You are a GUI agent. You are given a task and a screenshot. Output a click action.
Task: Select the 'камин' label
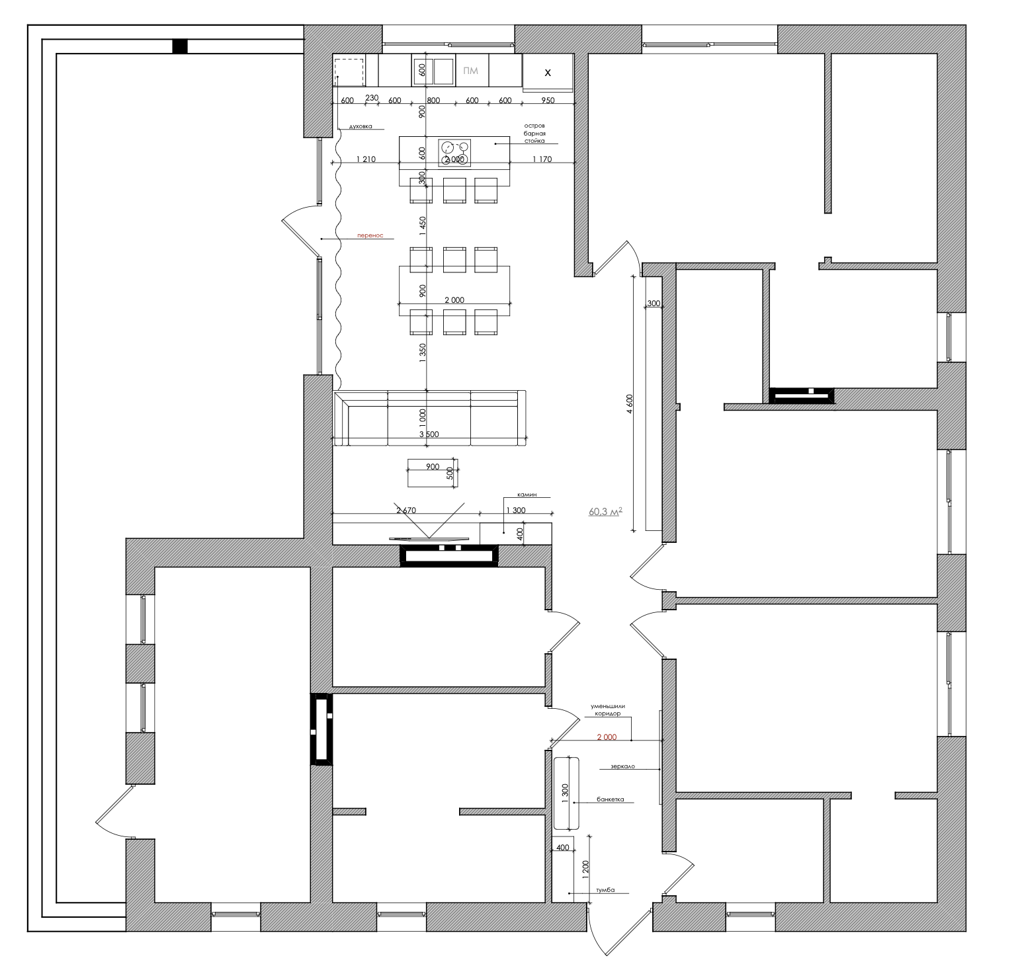[527, 494]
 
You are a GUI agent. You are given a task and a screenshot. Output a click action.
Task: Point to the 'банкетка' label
[610, 799]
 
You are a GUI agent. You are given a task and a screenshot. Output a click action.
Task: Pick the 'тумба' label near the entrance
[605, 890]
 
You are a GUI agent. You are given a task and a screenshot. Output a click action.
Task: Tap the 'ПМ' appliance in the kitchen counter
[471, 71]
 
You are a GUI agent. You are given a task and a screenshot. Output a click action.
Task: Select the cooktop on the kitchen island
[454, 153]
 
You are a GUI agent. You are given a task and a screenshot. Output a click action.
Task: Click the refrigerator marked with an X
[548, 72]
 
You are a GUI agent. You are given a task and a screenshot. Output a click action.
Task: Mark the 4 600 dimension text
[630, 404]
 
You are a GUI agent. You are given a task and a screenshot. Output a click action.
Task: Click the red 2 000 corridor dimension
[607, 737]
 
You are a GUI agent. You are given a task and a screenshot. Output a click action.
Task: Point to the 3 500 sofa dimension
[429, 434]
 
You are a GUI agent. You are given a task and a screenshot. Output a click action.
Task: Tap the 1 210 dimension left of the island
[365, 159]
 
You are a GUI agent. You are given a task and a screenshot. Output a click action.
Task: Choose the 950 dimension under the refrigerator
[547, 101]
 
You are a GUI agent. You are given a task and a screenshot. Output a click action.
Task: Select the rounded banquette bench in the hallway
[566, 793]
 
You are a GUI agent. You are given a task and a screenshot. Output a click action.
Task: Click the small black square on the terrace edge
[180, 46]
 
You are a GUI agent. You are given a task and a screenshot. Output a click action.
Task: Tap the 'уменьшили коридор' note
[608, 709]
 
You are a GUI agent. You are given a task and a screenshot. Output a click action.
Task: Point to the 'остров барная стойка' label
[534, 133]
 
